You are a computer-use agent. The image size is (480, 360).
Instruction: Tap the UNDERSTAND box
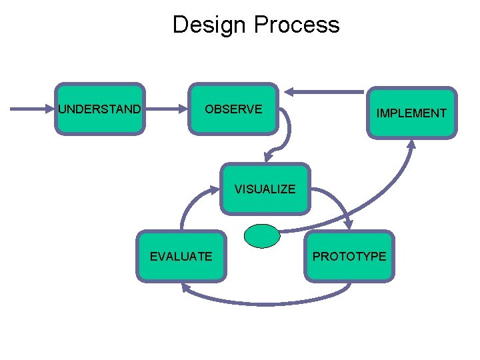click(x=99, y=109)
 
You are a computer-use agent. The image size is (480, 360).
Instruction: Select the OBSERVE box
click(x=234, y=109)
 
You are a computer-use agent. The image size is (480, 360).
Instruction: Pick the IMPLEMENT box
click(x=411, y=113)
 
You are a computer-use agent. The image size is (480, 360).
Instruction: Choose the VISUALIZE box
click(x=265, y=189)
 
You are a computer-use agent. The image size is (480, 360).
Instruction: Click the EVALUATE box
click(x=181, y=255)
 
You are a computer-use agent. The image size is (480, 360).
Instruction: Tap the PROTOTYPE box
click(x=349, y=255)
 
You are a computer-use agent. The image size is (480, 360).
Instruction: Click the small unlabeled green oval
click(x=262, y=235)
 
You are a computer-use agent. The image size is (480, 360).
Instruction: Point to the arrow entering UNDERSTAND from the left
click(x=33, y=109)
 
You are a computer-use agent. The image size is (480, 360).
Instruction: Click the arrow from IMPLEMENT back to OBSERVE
click(x=327, y=91)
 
